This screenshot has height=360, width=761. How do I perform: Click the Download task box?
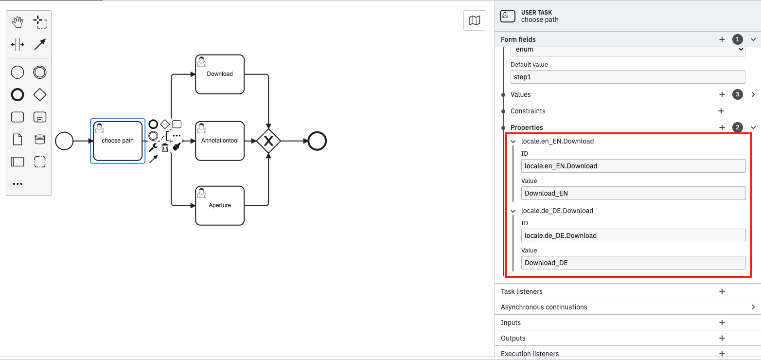click(x=220, y=74)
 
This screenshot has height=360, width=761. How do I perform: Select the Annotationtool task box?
click(x=220, y=141)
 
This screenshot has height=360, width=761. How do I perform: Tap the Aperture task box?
click(x=220, y=205)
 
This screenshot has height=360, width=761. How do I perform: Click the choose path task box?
click(x=118, y=141)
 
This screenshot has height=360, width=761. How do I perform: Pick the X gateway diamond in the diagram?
click(x=268, y=141)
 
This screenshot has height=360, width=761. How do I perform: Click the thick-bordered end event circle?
click(x=317, y=141)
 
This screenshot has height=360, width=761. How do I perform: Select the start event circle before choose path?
click(x=64, y=141)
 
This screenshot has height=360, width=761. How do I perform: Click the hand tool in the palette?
click(x=18, y=22)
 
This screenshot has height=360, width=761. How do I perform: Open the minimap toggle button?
click(x=474, y=20)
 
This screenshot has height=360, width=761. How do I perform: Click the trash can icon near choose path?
click(x=165, y=148)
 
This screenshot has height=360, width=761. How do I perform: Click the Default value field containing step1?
click(x=627, y=77)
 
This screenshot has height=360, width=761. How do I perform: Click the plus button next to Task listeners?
click(x=722, y=291)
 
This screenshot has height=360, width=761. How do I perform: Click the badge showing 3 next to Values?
click(x=738, y=94)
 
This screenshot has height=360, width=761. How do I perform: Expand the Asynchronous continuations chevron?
click(x=753, y=307)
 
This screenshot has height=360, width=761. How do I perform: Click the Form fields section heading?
click(x=518, y=39)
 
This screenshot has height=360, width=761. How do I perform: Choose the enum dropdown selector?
click(x=627, y=50)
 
